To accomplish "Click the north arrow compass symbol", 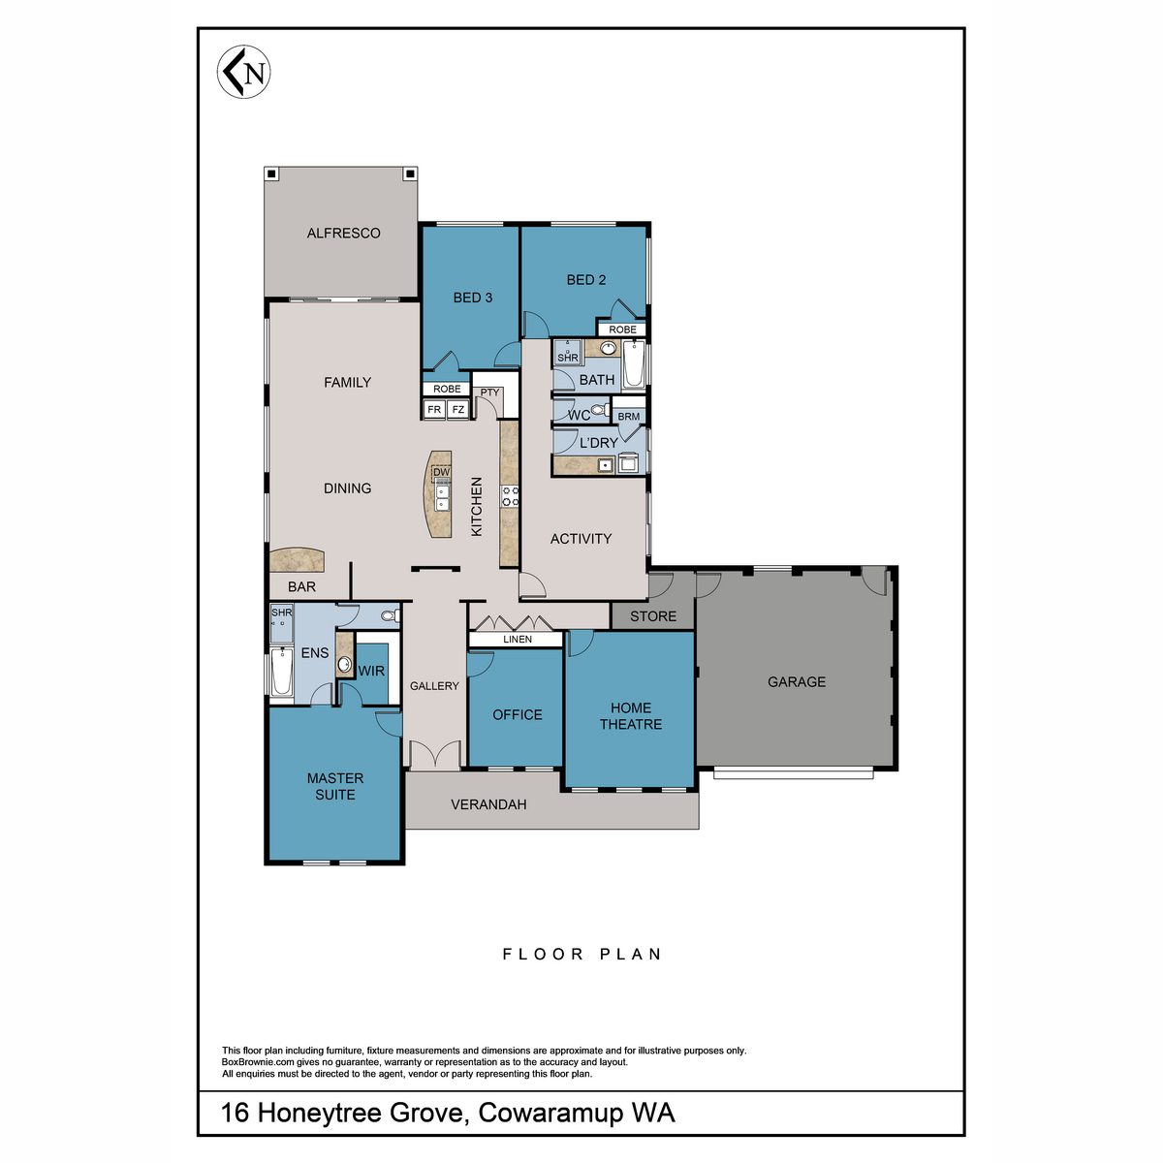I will (243, 73).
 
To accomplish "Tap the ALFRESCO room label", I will (343, 234).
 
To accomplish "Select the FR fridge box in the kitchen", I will (434, 410).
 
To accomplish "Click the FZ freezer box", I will (458, 410).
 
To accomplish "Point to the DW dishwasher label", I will (442, 473).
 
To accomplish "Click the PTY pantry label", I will (490, 393).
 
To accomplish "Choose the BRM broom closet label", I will (629, 417).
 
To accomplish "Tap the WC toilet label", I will (579, 415).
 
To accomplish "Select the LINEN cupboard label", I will (518, 640).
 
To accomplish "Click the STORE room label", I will (653, 616).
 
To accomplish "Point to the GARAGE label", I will (797, 682).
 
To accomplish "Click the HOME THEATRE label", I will (631, 716).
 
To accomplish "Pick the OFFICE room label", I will (518, 715).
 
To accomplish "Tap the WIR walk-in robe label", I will (371, 671).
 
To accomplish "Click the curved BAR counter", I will (298, 561).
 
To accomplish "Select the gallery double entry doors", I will (433, 756).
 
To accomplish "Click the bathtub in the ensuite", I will (282, 673).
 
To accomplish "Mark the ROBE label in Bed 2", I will (623, 330).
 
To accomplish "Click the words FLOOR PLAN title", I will (581, 955).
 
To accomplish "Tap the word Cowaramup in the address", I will (550, 1113).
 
